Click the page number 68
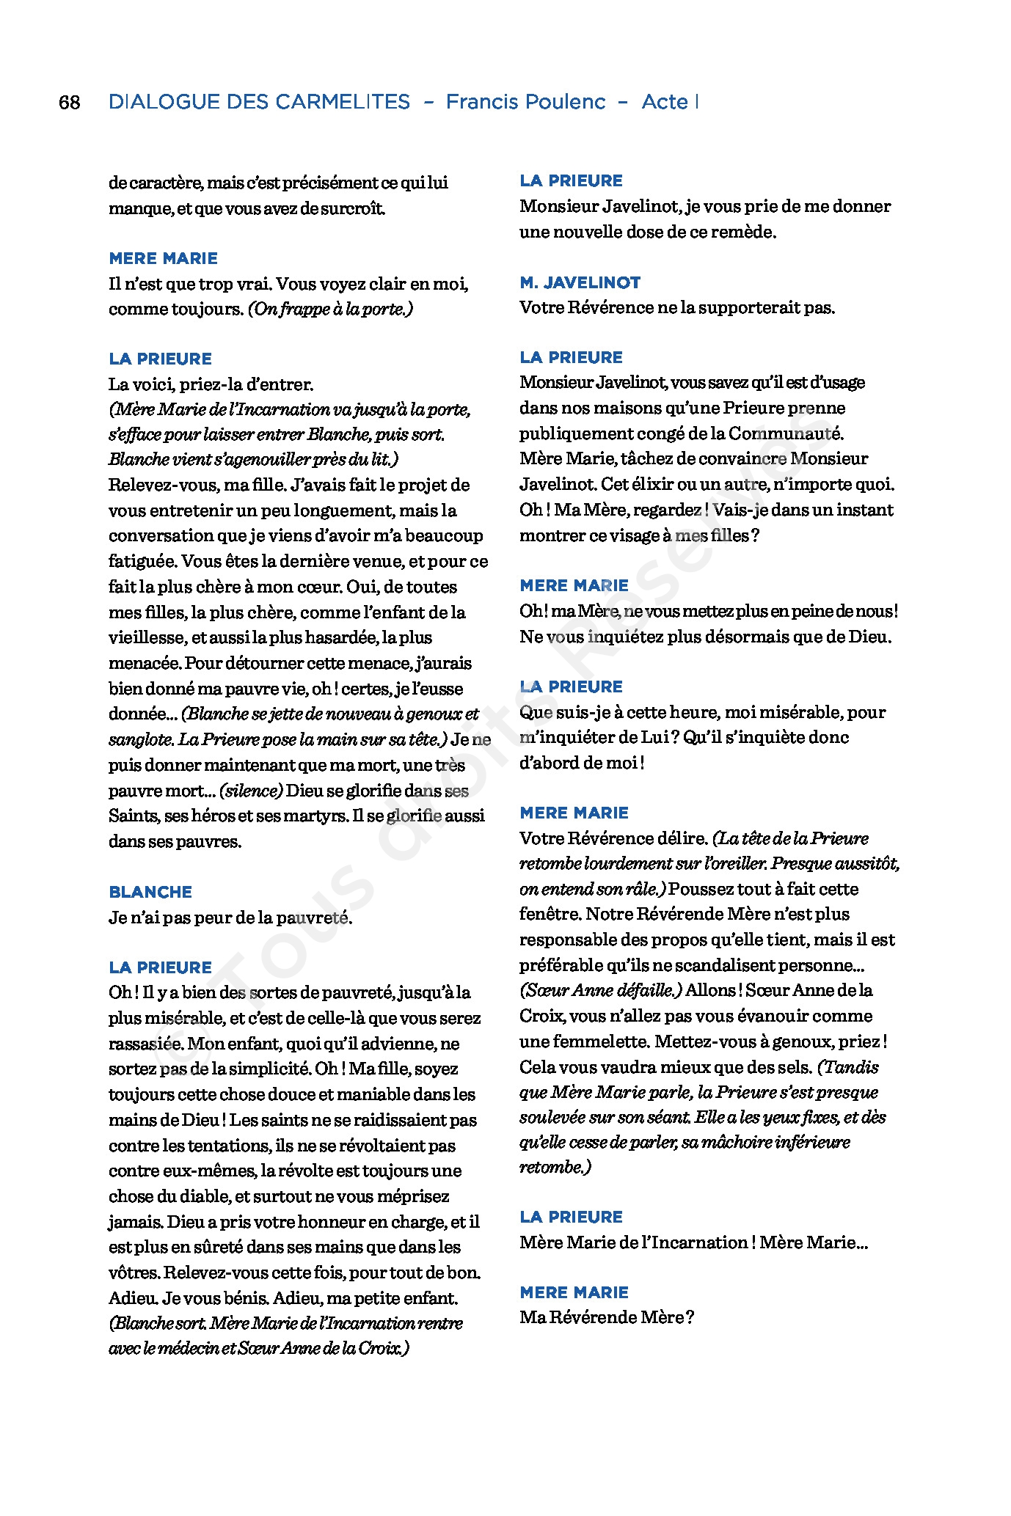pos(69,102)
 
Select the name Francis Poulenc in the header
pos(525,102)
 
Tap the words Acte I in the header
pos(669,102)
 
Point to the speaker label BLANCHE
pos(150,892)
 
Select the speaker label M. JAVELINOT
pos(580,282)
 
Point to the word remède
pos(742,232)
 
